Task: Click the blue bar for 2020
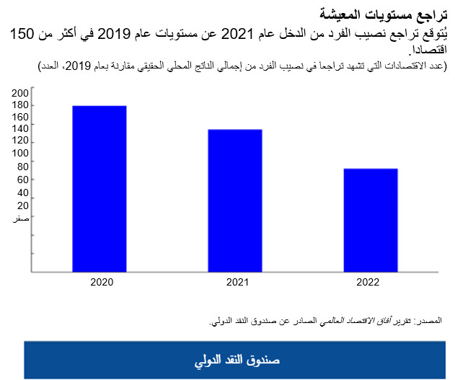(x=100, y=189)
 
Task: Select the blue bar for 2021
(x=235, y=200)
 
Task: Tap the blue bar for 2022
(x=371, y=220)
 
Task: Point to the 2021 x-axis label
(x=235, y=282)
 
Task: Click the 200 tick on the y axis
(x=20, y=92)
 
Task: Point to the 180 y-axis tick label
(x=20, y=105)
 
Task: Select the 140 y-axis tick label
(x=20, y=128)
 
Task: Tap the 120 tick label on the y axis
(x=20, y=140)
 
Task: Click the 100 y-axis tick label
(x=20, y=153)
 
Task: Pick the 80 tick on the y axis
(x=22, y=167)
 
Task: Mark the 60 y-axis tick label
(x=22, y=180)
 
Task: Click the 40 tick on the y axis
(x=22, y=193)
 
